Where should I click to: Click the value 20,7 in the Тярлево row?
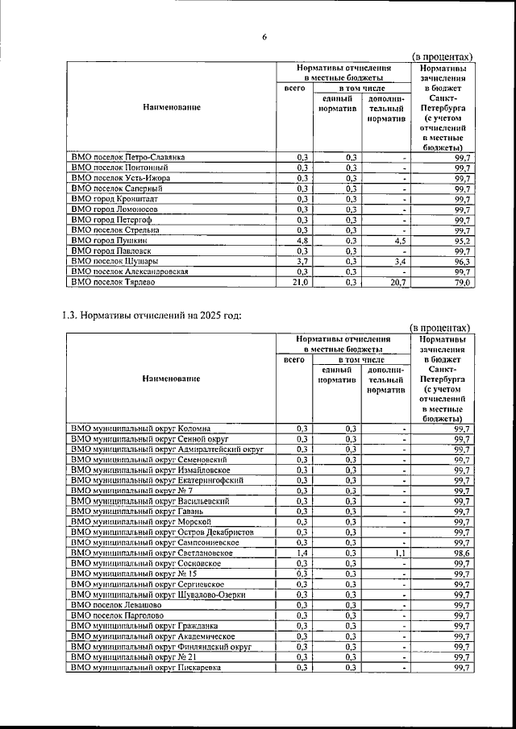click(x=393, y=284)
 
